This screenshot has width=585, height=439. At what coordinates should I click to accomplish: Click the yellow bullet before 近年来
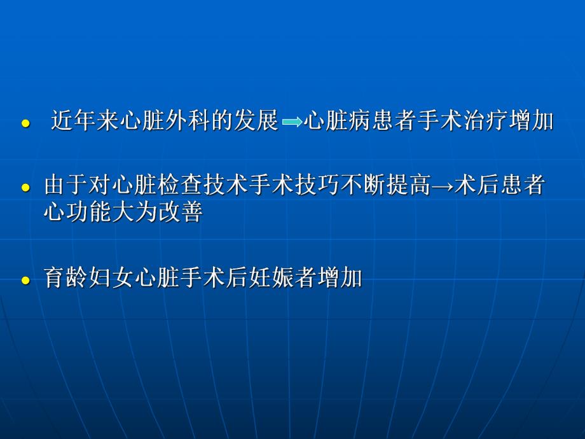25,124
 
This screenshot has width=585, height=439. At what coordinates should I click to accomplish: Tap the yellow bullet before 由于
25,188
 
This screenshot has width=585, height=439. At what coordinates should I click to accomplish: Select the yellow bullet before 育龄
25,280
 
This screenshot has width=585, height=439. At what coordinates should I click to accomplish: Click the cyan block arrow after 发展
292,122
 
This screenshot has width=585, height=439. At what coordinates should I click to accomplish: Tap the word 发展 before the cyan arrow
257,120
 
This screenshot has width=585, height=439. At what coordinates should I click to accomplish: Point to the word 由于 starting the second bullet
67,186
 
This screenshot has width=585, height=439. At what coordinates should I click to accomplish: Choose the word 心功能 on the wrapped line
78,212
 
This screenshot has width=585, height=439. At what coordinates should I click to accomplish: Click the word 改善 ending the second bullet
181,212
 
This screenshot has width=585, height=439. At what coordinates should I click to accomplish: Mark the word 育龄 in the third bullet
66,278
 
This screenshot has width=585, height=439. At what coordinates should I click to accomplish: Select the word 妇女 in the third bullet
112,278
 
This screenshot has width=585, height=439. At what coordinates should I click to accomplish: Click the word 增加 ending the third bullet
340,278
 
